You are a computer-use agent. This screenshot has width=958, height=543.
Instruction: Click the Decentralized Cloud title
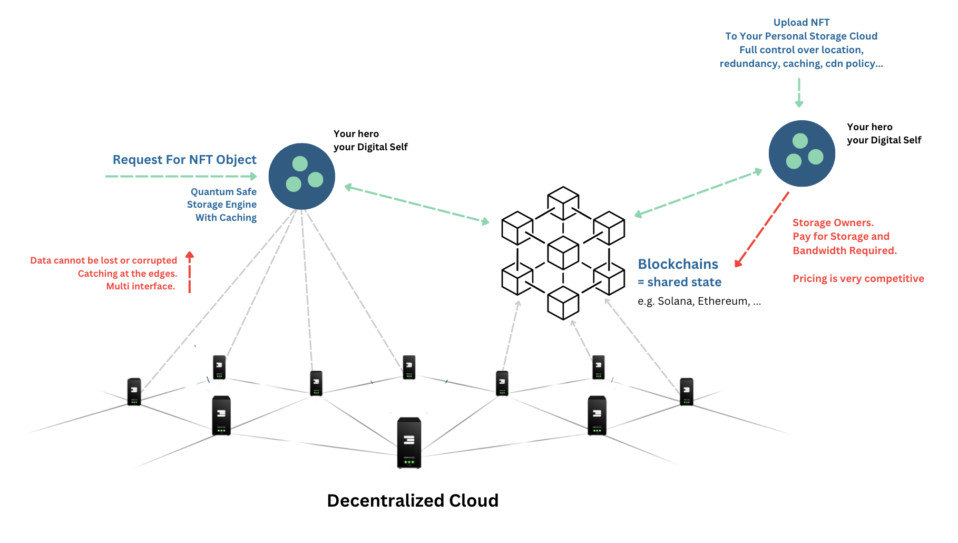tap(413, 500)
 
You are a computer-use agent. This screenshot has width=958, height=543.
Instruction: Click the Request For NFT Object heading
tap(184, 160)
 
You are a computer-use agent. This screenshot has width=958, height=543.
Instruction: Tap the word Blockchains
tap(678, 264)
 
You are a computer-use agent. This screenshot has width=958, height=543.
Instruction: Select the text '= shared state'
tap(679, 282)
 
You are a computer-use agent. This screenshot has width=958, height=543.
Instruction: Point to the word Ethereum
tap(723, 301)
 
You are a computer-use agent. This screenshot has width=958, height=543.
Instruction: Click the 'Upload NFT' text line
tap(801, 22)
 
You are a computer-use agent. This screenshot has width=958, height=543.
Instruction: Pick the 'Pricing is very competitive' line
tap(858, 278)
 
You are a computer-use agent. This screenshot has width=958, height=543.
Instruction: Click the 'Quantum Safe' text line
tap(223, 192)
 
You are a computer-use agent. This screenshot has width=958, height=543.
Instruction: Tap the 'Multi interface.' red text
tap(141, 286)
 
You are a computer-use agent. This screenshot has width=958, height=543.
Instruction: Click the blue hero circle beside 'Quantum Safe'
tap(302, 176)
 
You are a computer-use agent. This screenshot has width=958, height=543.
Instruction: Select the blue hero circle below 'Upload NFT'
tap(801, 153)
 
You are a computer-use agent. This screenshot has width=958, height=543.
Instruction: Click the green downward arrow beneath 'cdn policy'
tap(799, 93)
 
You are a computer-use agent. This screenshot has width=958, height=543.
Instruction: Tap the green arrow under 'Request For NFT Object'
tap(181, 176)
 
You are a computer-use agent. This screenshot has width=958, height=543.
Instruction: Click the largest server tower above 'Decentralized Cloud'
tap(409, 442)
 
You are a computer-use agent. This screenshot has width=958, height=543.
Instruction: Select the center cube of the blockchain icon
tap(563, 253)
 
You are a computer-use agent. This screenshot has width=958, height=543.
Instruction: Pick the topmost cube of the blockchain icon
tap(563, 203)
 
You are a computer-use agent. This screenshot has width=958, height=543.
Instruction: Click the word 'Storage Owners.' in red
tap(833, 223)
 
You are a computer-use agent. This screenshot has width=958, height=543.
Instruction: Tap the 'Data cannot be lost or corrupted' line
tap(104, 260)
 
